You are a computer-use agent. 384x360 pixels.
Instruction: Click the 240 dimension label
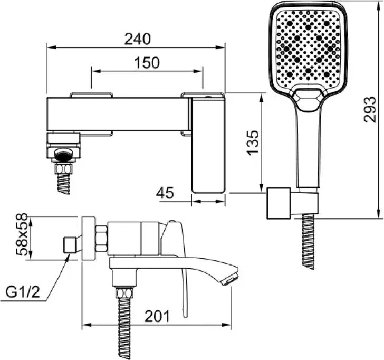point(138,39)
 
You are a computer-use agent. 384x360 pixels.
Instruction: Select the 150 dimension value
point(147,63)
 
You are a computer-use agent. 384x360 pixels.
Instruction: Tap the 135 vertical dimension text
point(253,143)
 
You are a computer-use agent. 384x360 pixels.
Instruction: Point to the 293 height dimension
point(370,110)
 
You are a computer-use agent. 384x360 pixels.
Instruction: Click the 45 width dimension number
point(165,193)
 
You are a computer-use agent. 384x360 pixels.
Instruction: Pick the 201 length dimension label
point(157,316)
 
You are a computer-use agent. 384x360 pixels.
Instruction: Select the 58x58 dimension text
point(22,234)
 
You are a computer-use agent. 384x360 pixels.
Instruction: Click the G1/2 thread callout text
point(23,292)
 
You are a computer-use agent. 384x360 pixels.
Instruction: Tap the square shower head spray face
point(308,49)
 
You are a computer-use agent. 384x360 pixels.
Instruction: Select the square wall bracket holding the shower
point(279,203)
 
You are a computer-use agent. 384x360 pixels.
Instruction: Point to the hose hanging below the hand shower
point(309,242)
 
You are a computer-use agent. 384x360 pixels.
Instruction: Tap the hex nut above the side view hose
point(124,293)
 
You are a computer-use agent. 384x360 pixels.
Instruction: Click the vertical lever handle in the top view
point(208,145)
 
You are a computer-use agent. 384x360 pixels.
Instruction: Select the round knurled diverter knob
point(63,154)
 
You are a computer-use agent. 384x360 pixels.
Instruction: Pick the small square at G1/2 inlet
point(70,245)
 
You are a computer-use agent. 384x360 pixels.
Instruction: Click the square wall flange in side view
point(89,238)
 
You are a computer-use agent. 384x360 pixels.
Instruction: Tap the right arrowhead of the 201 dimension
point(227,325)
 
